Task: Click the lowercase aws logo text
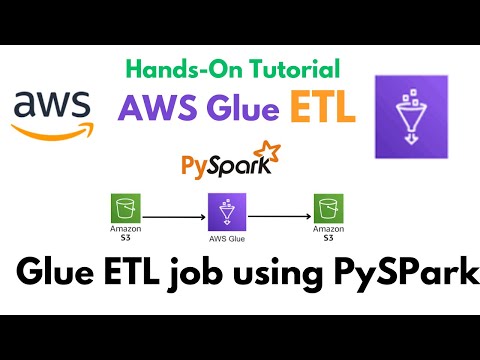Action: (x=50, y=105)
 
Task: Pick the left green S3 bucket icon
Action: (x=125, y=209)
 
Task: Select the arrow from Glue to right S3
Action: (x=274, y=214)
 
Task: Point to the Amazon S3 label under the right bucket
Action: (x=325, y=236)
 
